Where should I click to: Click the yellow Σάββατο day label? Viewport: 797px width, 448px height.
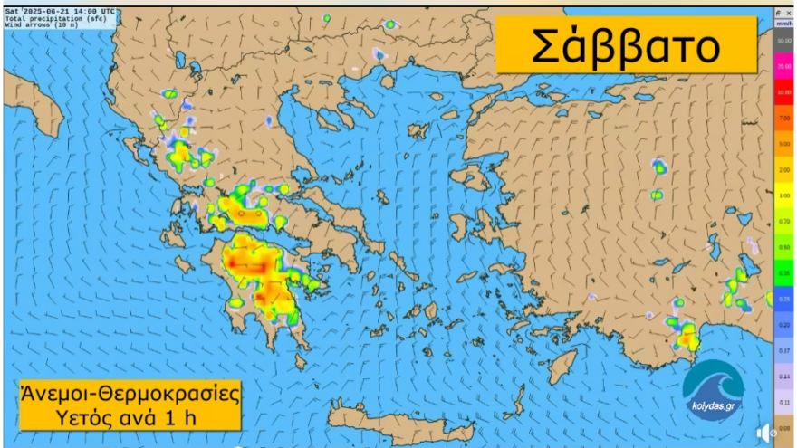tap(625, 44)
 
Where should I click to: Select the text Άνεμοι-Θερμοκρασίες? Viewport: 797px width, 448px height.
tap(130, 395)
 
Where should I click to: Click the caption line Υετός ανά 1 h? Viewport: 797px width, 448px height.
tap(130, 417)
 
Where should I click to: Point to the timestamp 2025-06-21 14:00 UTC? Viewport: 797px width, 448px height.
tap(70, 12)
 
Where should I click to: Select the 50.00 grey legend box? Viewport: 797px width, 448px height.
tap(784, 42)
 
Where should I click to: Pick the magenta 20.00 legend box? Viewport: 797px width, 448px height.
tap(784, 67)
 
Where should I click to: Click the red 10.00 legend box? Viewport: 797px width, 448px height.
tap(784, 92)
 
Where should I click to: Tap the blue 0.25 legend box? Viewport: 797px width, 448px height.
tap(784, 298)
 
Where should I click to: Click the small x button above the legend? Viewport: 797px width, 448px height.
tap(789, 13)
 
